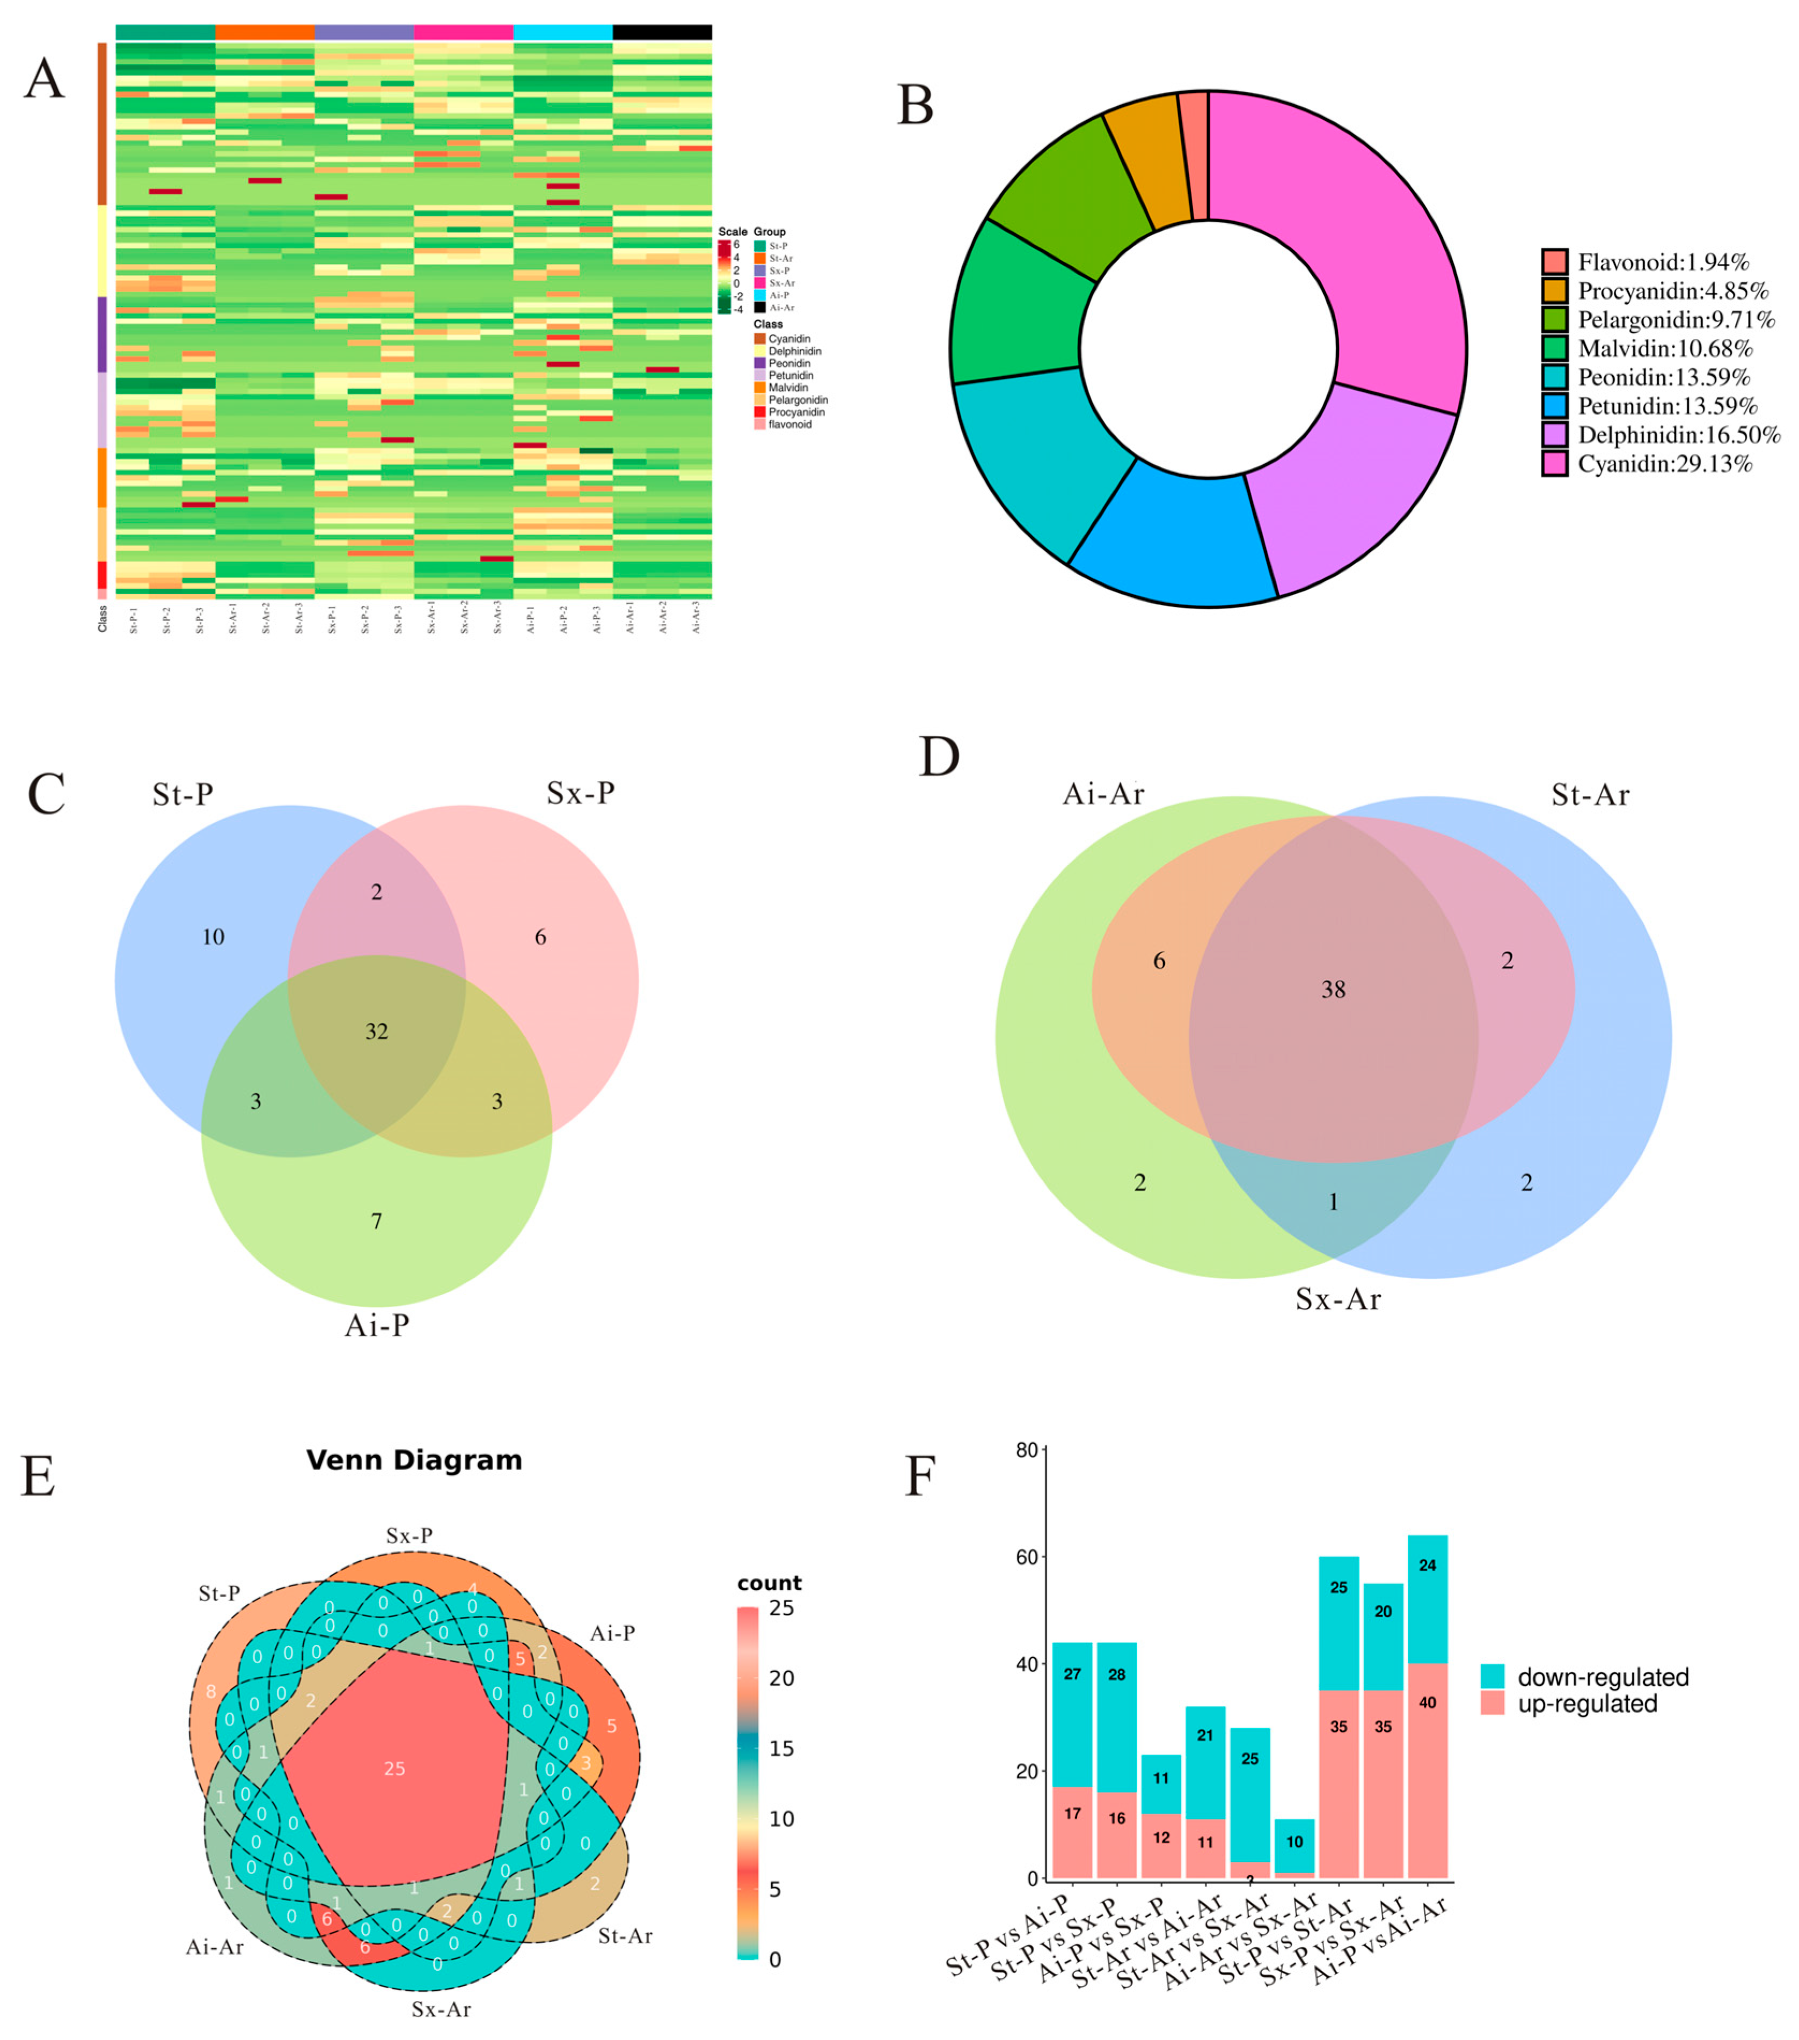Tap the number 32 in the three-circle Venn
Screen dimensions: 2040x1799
376,1031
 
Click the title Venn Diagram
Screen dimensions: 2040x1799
414,1460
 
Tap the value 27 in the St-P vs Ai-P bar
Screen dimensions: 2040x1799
1073,1675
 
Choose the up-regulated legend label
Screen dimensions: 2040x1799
1586,1703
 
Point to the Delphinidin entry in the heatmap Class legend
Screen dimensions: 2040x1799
794,352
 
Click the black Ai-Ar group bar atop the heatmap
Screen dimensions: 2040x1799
662,33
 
